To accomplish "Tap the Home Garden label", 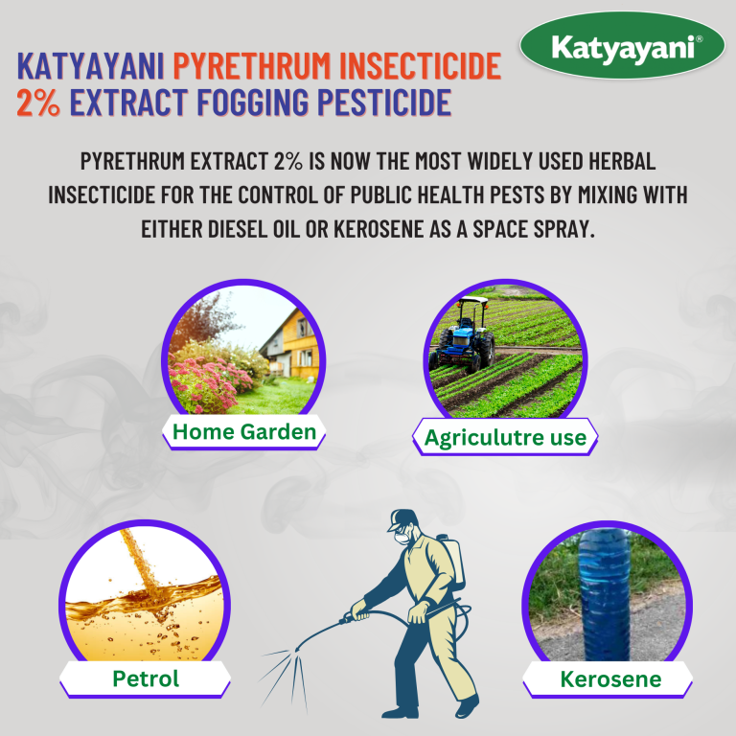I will [243, 432].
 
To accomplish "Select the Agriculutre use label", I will [505, 438].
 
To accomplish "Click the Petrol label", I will [145, 679].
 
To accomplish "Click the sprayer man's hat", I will [402, 521].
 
